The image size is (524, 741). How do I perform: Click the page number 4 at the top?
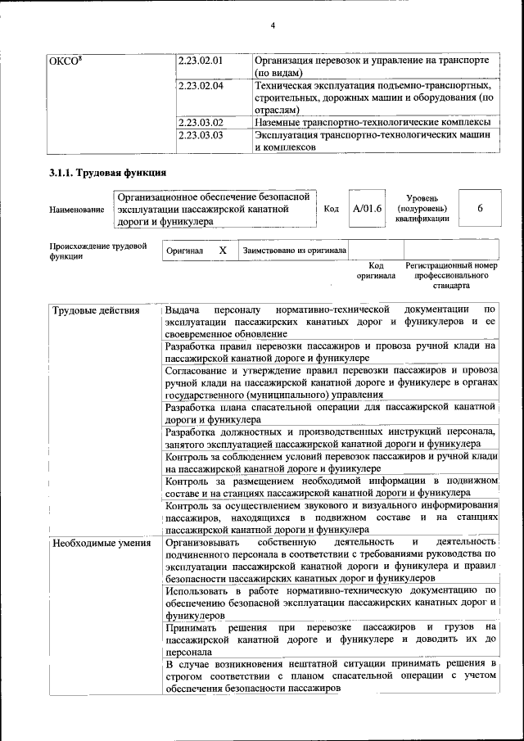273,25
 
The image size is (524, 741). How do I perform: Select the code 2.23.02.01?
201,61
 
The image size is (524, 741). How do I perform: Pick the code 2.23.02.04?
201,85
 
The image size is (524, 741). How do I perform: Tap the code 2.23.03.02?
201,123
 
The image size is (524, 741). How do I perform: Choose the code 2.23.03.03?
201,135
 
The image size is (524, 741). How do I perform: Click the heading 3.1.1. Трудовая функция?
107,174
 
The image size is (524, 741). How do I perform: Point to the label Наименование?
77,210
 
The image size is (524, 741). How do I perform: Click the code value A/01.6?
367,209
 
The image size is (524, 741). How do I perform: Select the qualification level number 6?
481,209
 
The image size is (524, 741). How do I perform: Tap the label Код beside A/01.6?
331,210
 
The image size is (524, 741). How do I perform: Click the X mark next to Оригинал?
222,251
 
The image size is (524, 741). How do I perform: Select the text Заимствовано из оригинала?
294,251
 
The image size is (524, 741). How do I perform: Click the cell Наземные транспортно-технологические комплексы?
373,123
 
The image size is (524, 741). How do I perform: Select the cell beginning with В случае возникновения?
330,675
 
